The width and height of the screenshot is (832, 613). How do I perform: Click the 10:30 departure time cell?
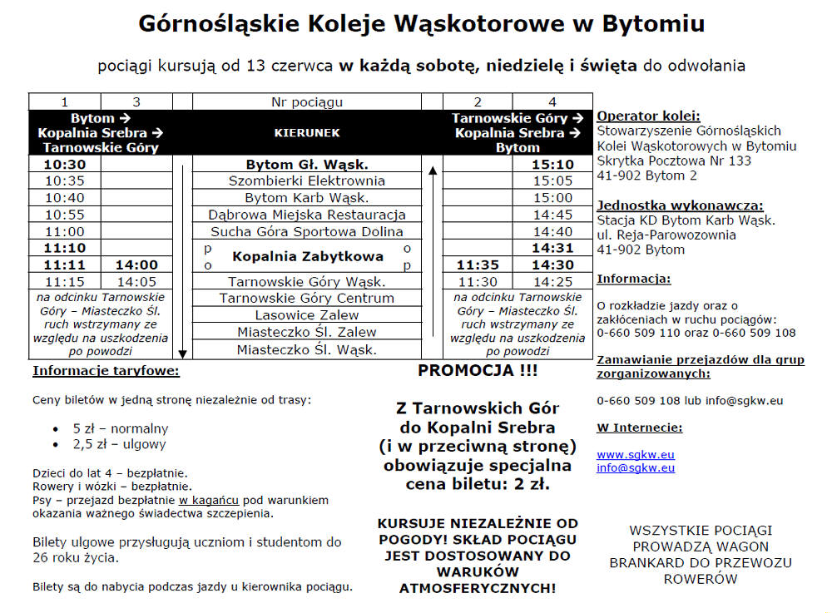pos(65,165)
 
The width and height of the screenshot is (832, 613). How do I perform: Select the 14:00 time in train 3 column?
pos(136,265)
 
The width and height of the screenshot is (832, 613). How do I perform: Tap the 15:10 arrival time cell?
pos(552,165)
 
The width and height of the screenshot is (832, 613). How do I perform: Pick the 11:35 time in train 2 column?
pos(478,265)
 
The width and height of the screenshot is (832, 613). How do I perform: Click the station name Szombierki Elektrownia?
pos(306,181)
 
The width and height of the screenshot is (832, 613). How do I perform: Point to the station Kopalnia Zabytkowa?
pos(307,256)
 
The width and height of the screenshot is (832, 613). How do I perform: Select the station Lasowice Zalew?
pos(306,315)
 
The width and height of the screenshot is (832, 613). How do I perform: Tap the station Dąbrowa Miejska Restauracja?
pos(306,215)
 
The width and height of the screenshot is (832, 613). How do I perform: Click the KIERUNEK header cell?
pos(306,132)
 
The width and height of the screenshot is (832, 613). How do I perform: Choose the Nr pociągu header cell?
pos(306,102)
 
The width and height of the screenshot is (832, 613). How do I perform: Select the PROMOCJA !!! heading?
pos(478,371)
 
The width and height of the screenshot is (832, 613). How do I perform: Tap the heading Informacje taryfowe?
pos(106,371)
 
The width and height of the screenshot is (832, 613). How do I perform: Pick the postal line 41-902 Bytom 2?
pos(646,175)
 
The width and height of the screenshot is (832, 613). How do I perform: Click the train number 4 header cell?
pos(552,102)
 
